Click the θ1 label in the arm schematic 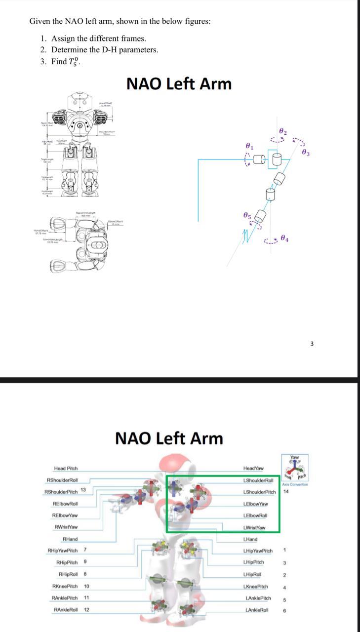249,146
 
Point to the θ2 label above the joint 282,131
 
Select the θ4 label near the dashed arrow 284,238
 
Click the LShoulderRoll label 258,480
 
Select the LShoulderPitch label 260,492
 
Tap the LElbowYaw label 256,504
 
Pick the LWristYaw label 255,527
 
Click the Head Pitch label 66,468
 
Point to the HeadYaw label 253,468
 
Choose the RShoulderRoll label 62,480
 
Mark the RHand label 70,539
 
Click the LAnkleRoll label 257,610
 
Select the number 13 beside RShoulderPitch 83,489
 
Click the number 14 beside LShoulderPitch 286,492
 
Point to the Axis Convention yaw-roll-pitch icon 295,467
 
